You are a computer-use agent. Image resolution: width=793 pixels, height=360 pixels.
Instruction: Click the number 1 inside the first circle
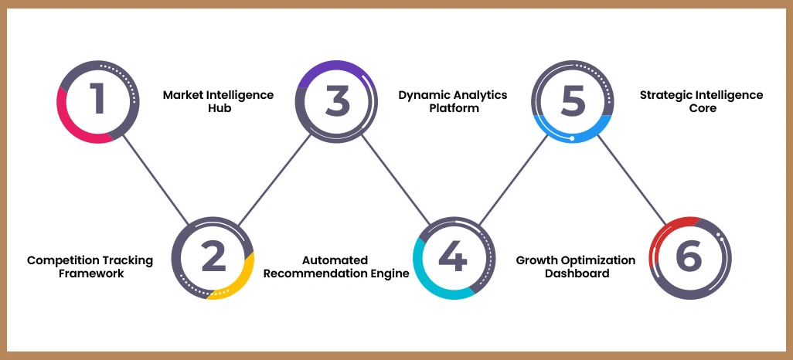[x=97, y=101]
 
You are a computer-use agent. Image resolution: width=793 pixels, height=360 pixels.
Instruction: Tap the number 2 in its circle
[x=213, y=257]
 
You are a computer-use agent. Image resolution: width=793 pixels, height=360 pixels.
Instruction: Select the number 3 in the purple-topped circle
[x=337, y=101]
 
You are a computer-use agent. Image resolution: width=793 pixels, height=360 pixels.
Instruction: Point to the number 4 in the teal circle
[x=452, y=257]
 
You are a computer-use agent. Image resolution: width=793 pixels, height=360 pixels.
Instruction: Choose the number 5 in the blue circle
[x=573, y=101]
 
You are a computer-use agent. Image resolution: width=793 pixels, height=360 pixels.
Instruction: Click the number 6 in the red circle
[x=688, y=257]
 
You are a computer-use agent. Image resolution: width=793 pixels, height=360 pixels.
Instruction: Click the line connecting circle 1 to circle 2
[x=155, y=180]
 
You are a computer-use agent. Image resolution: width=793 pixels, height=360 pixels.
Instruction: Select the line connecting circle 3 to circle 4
[x=395, y=180]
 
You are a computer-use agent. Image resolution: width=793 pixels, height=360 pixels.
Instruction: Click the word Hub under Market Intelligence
[x=218, y=109]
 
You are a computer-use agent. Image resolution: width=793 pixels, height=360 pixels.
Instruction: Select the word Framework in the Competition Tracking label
[x=90, y=273]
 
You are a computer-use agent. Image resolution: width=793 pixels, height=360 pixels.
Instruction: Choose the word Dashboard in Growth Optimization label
[x=576, y=273]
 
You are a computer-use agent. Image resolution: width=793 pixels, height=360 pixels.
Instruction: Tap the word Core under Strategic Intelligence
[x=701, y=109]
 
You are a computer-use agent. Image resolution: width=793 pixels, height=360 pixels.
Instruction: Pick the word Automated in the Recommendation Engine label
[x=335, y=260]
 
